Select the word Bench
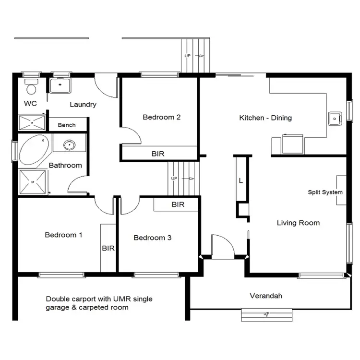pyautogui.click(x=67, y=125)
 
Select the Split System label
pyautogui.click(x=325, y=192)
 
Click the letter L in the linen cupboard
pyautogui.click(x=240, y=180)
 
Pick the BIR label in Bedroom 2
pyautogui.click(x=158, y=154)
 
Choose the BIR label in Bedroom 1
pyautogui.click(x=108, y=248)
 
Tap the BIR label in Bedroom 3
pyautogui.click(x=178, y=205)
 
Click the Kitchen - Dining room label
pyautogui.click(x=265, y=118)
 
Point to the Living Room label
pyautogui.click(x=298, y=223)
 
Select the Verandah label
pyautogui.click(x=266, y=296)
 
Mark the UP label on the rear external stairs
pyautogui.click(x=188, y=56)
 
